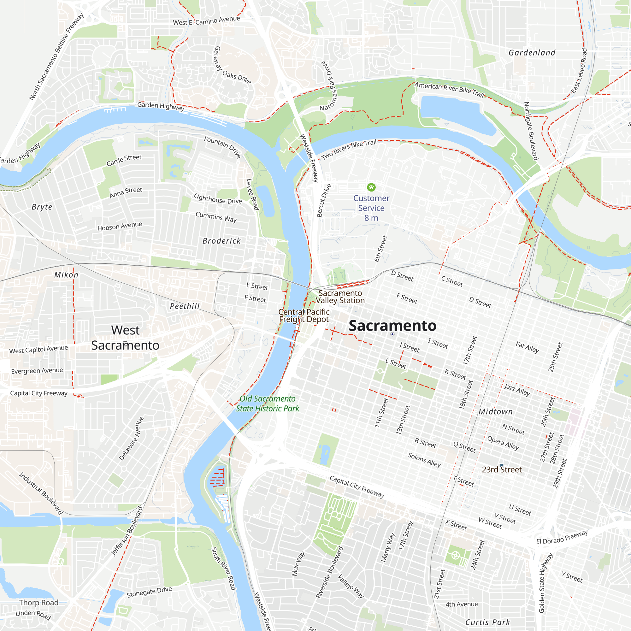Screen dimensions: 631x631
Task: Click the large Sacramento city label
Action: (392, 326)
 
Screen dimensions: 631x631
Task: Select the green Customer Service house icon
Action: (371, 187)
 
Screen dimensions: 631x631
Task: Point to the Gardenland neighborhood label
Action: (532, 53)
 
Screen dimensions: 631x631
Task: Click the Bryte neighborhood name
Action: (42, 207)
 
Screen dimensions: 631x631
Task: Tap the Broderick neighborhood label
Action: (221, 241)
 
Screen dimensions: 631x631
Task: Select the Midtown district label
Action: (495, 411)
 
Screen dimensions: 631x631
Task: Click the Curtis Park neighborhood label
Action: (487, 622)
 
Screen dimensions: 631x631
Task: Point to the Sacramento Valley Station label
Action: (340, 297)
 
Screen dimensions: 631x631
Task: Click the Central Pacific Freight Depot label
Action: (304, 315)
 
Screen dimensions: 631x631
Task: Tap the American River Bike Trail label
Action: (449, 90)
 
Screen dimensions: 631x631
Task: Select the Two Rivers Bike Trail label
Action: (349, 150)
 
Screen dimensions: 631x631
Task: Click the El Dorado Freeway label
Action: (562, 537)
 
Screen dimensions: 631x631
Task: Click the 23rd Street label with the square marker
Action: (502, 469)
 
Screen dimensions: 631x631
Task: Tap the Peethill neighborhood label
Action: (185, 306)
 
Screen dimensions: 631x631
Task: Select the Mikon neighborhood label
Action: (66, 275)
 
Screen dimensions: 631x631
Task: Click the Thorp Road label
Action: (38, 602)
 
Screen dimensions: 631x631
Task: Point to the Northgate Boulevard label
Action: (531, 131)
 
